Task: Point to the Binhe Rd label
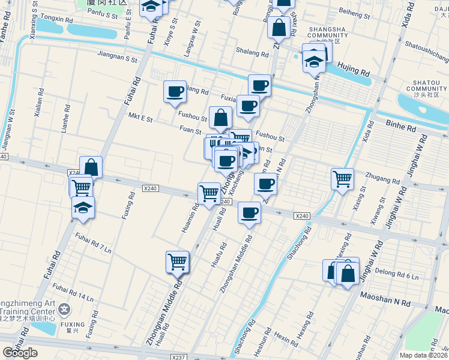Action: coord(401,128)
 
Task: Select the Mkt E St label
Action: coord(142,118)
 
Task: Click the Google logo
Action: coord(20,353)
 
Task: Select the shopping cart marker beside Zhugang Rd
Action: coord(342,178)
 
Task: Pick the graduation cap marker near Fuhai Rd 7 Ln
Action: coord(83,208)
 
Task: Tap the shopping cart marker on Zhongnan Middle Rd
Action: coord(178,261)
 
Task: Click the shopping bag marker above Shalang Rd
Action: coord(279,27)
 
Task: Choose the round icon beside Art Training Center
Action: coord(65,310)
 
